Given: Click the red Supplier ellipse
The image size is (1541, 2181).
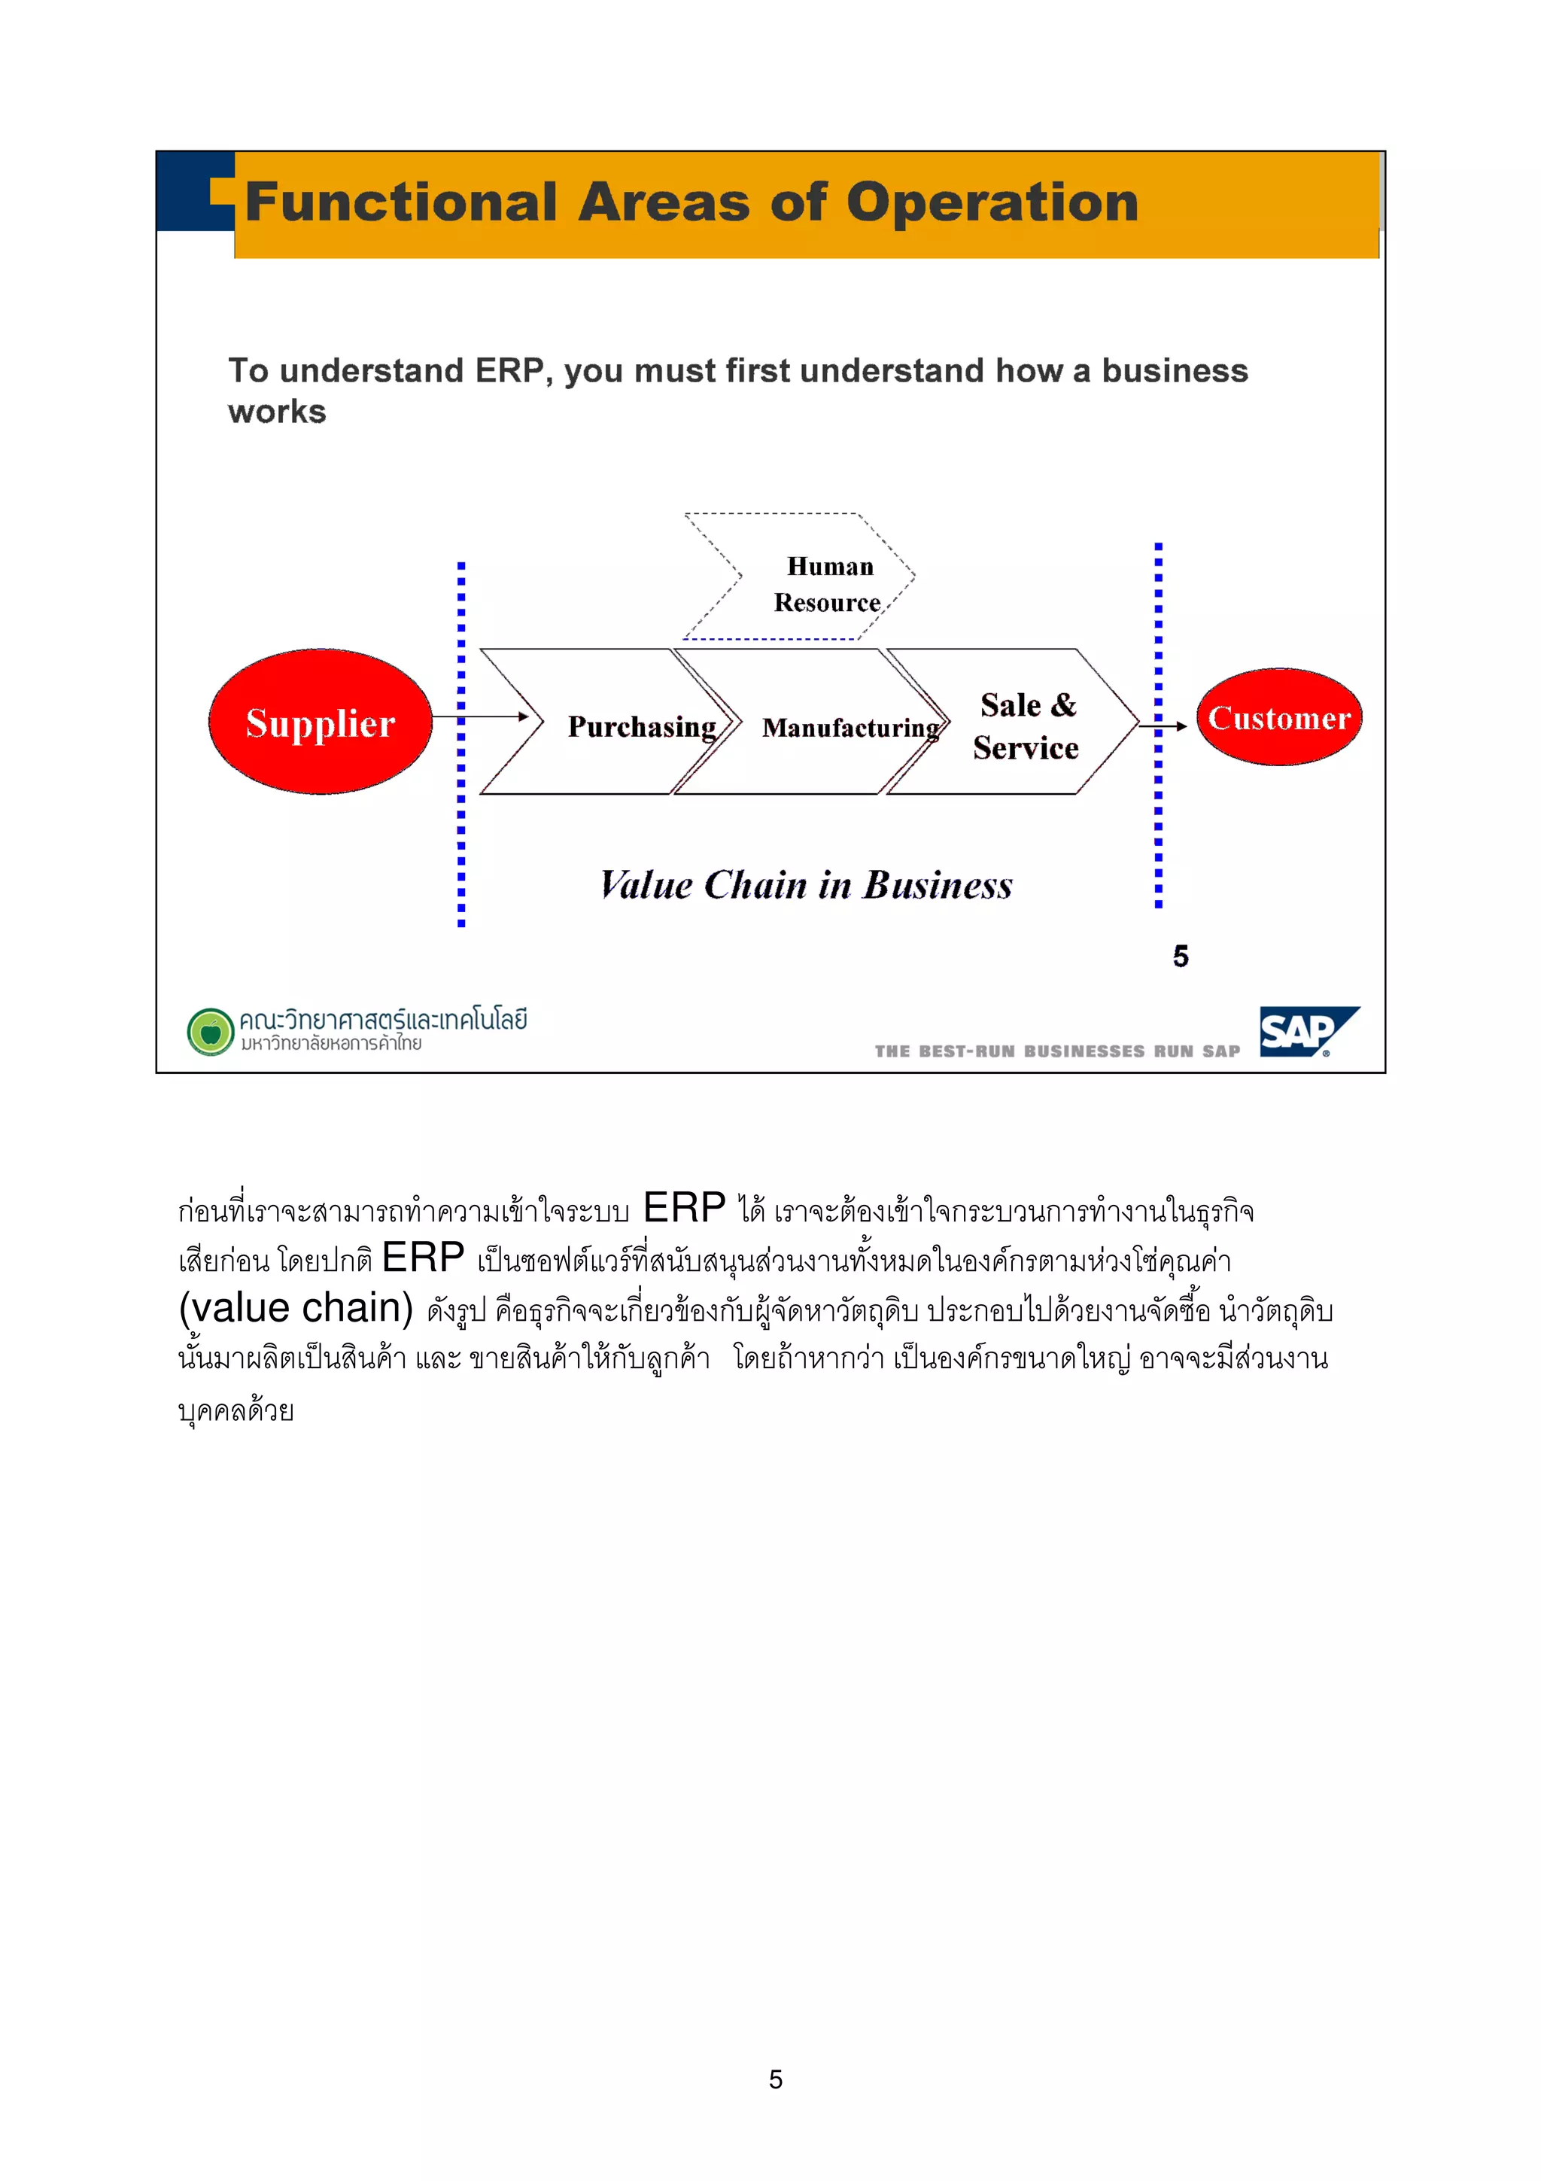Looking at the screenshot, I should (x=320, y=722).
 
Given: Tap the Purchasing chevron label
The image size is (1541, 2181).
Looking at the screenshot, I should (x=642, y=727).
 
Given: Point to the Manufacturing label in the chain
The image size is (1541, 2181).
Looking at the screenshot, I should (x=850, y=728).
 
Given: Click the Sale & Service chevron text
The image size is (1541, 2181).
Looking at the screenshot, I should (x=1026, y=727).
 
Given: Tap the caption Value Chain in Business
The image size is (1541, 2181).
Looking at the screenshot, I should (x=806, y=885).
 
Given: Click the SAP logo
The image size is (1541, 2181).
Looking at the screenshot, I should (x=1308, y=1032).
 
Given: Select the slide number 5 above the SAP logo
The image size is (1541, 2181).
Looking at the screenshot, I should (x=1180, y=957).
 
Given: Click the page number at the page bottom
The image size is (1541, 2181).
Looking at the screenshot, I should (x=775, y=2079).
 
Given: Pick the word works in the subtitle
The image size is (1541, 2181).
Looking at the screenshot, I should (x=277, y=412).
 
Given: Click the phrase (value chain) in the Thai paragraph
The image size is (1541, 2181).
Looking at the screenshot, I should (x=295, y=1308).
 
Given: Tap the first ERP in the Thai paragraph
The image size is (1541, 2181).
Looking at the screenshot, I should (x=684, y=1209).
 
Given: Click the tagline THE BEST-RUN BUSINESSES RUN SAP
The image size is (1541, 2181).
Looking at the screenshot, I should (x=1056, y=1051).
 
